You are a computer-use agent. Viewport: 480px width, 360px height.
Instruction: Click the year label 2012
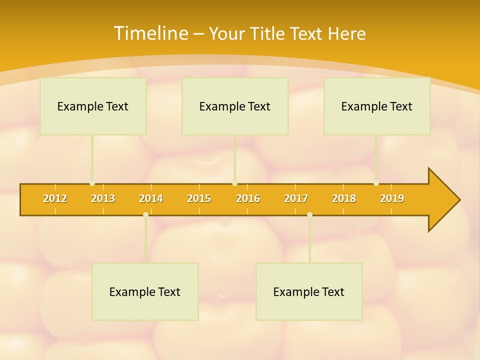[x=55, y=198]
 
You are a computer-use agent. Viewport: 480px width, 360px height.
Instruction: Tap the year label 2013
[x=103, y=198]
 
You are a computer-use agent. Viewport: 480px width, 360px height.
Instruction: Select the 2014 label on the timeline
[x=151, y=198]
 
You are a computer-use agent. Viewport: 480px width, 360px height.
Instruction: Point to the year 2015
[x=199, y=198]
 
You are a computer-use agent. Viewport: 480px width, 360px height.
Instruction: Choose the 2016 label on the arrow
[x=248, y=198]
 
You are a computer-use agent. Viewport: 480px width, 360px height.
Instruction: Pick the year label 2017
[x=296, y=198]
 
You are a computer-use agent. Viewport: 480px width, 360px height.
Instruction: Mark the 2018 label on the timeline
[x=344, y=198]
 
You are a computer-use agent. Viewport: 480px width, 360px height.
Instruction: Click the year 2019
[x=392, y=198]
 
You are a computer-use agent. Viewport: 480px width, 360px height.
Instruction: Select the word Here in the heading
[x=346, y=34]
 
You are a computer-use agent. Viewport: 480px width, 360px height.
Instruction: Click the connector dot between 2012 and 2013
[x=92, y=183]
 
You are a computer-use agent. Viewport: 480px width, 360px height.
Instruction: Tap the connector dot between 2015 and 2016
[x=234, y=183]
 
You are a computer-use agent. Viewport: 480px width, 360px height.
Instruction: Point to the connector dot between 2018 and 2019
[x=376, y=183]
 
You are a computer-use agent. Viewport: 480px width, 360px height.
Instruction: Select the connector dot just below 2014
[x=145, y=215]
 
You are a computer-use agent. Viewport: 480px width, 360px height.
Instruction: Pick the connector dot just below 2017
[x=309, y=215]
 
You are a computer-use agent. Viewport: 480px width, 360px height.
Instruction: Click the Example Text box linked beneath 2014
[x=145, y=291]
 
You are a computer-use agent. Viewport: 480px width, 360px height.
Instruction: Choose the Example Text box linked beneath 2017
[x=309, y=291]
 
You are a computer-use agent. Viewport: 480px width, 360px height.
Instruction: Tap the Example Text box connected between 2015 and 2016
[x=235, y=106]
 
